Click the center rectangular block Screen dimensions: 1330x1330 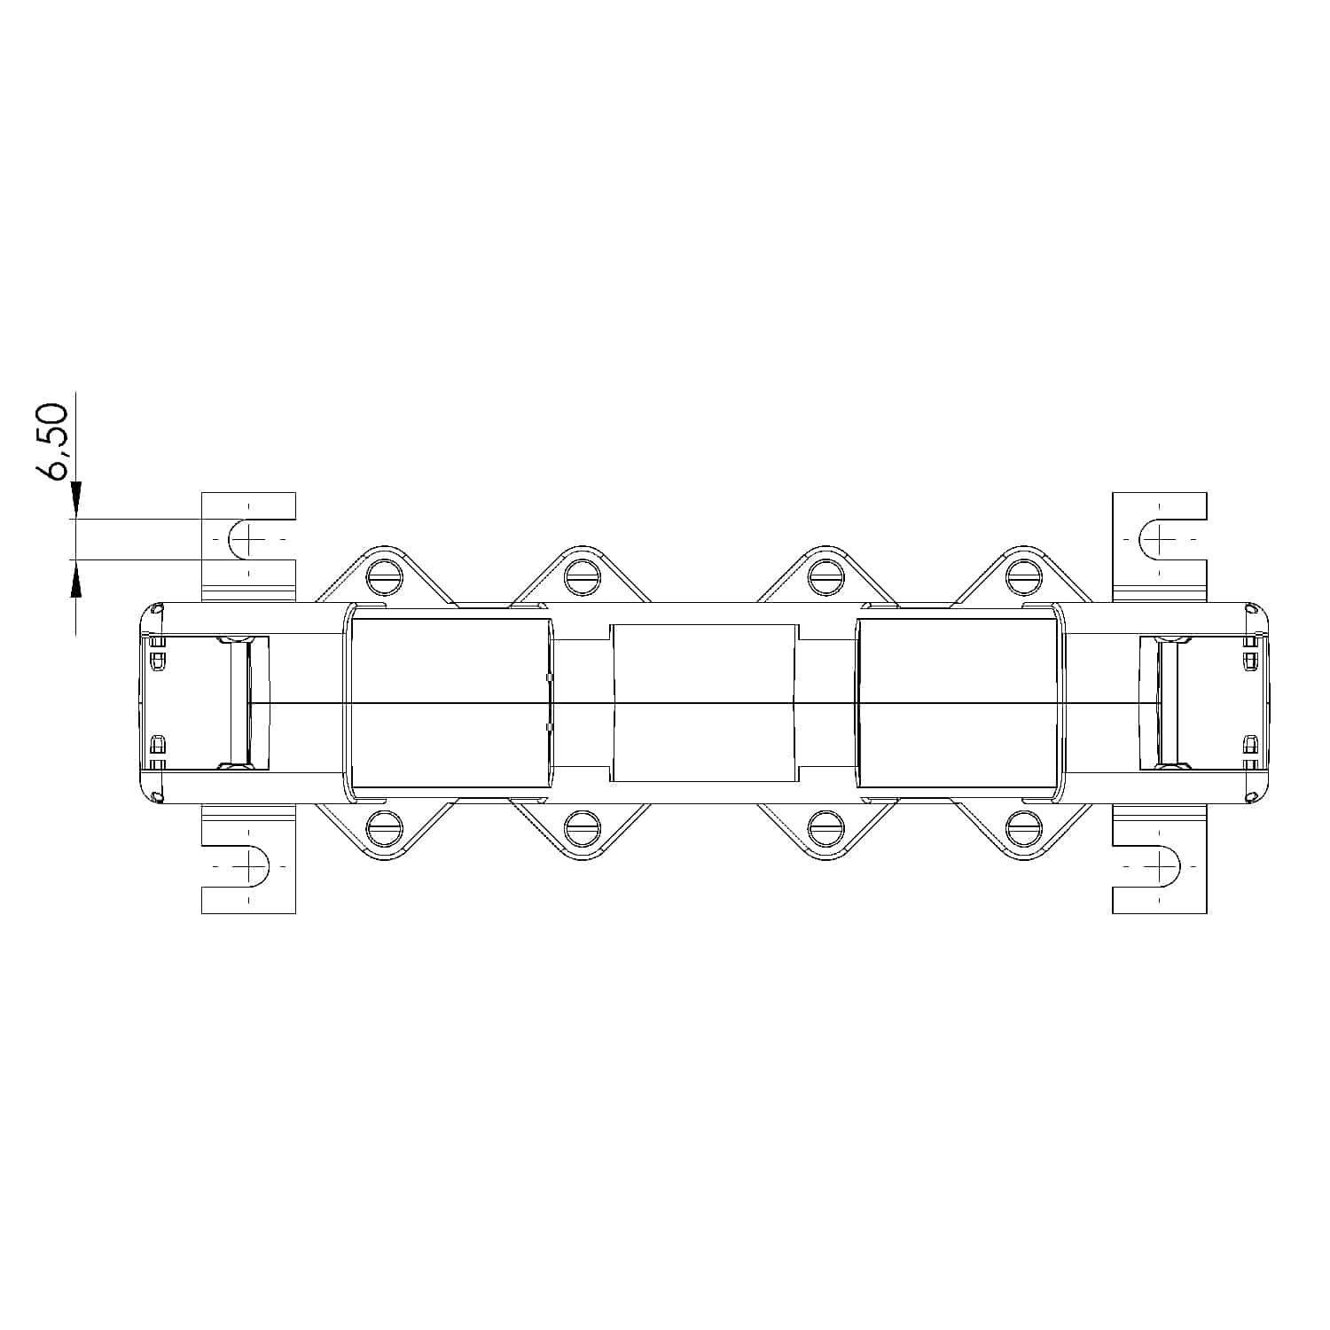coord(704,702)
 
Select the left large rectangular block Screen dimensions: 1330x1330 coord(450,702)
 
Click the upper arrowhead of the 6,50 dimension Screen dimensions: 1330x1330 coord(76,499)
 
